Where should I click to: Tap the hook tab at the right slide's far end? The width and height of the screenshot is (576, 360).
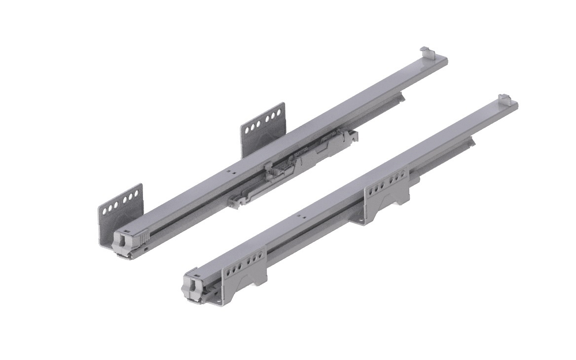click(504, 98)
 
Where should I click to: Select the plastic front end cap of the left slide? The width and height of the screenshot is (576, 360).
click(125, 242)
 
